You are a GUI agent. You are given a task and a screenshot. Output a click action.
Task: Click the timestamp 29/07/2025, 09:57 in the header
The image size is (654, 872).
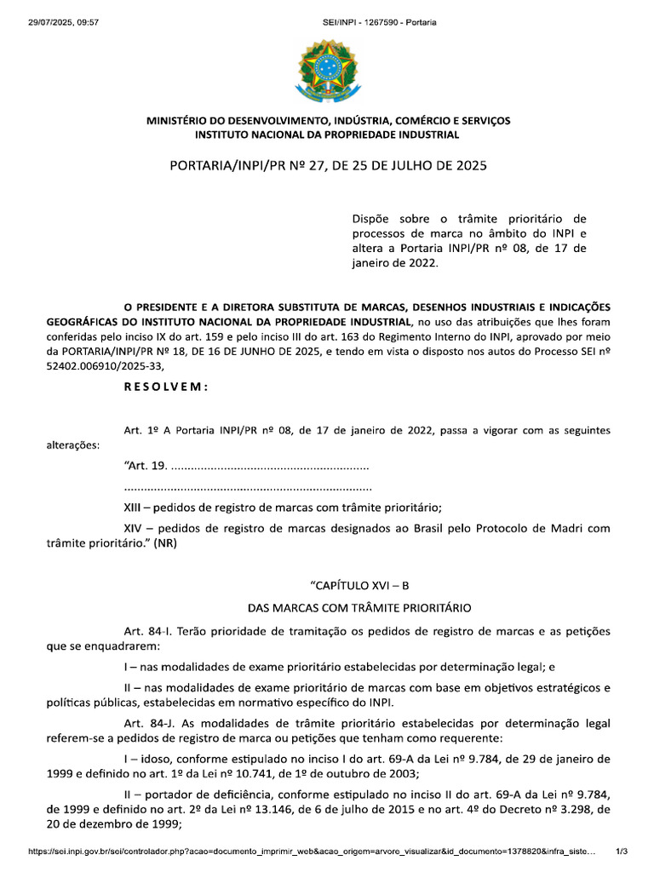(51, 21)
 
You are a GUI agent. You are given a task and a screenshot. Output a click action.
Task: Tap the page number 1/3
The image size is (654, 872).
(622, 851)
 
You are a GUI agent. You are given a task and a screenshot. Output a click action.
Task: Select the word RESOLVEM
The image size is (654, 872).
(166, 386)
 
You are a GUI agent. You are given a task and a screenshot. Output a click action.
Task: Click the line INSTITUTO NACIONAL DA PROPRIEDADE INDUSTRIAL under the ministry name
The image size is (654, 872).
(327, 135)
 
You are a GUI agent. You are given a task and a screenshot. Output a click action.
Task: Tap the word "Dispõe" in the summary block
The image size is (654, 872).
(371, 219)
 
